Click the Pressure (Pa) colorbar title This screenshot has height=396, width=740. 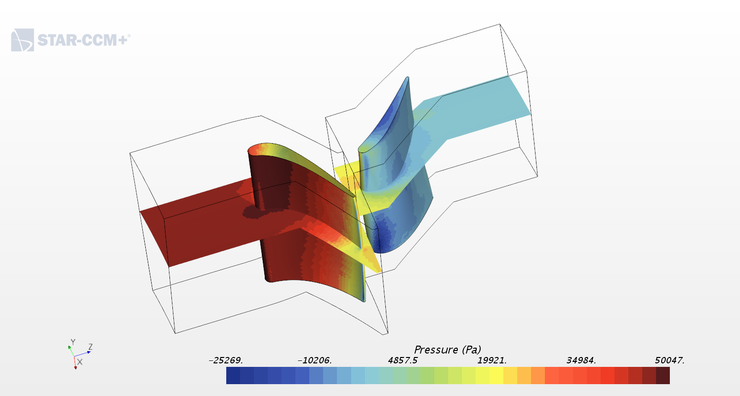tap(447, 350)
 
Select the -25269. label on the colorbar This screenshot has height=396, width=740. tap(226, 360)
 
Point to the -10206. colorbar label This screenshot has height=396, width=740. tap(315, 360)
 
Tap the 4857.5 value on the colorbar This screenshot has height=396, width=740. tap(403, 360)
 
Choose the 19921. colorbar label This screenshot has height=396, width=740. tap(492, 360)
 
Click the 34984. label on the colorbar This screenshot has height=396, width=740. tap(581, 360)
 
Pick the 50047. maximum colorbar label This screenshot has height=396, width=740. tap(670, 360)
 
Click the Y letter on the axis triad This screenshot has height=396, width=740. tap(73, 342)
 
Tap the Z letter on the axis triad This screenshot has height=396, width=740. tap(90, 347)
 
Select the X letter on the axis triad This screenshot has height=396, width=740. tap(80, 362)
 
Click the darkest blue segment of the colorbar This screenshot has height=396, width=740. tap(233, 375)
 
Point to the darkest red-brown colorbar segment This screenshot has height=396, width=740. tap(663, 375)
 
